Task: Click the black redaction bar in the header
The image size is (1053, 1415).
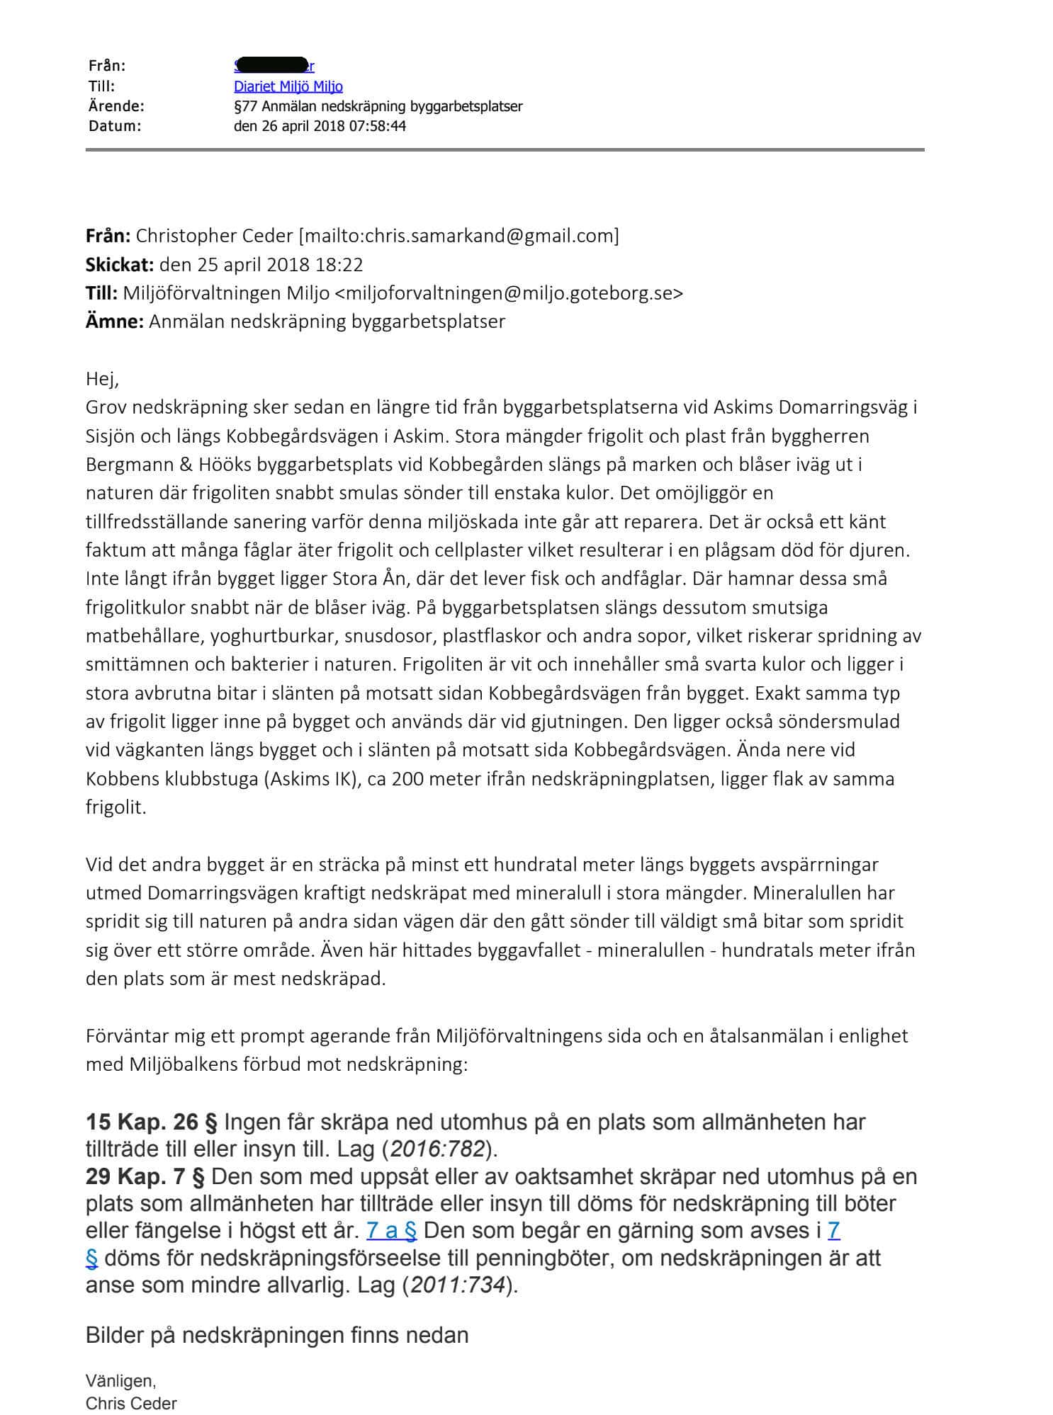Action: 271,65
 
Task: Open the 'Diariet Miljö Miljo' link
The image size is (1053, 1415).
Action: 288,86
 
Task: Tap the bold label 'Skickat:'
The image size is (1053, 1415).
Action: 119,264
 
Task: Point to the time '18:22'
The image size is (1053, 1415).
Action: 341,264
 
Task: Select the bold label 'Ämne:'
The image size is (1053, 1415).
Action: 114,321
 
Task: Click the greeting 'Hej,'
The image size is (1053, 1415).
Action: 102,379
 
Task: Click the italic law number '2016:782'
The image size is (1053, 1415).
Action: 437,1149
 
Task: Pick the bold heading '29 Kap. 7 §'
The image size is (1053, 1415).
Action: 145,1176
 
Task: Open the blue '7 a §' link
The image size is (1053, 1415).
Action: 391,1231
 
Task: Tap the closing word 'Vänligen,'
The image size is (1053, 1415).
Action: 120,1380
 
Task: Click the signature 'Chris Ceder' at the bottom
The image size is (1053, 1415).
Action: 131,1403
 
